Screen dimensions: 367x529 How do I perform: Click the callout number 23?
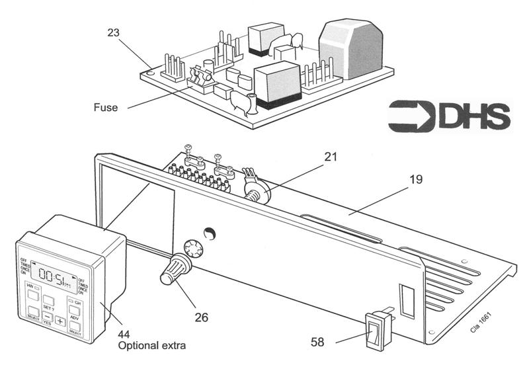tap(114, 31)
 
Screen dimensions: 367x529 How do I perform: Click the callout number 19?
tap(415, 179)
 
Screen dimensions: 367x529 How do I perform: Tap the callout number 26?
tap(200, 317)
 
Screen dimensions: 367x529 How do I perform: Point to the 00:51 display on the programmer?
tap(54, 271)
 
